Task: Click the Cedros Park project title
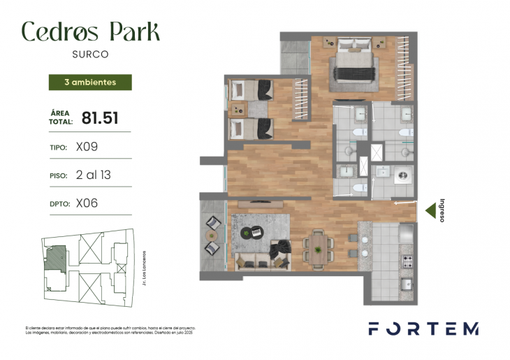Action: pos(90,31)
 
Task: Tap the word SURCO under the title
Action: pos(90,53)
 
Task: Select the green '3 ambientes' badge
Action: pos(89,82)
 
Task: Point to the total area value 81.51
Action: pos(99,117)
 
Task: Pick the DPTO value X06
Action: pos(87,203)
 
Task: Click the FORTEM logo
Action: pos(423,329)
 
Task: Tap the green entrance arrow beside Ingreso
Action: pos(431,208)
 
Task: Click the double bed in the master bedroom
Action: pos(354,61)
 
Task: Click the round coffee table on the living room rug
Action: pos(249,232)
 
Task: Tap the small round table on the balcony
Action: pos(212,236)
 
